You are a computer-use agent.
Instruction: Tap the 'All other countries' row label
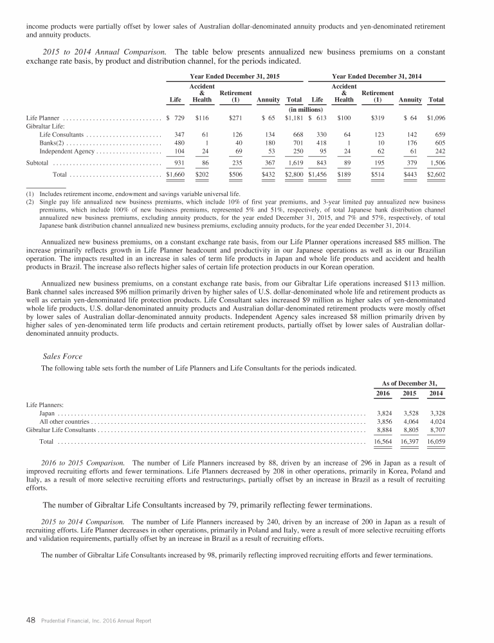tap(64, 421)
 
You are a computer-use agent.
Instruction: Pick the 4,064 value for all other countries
tap(410, 421)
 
